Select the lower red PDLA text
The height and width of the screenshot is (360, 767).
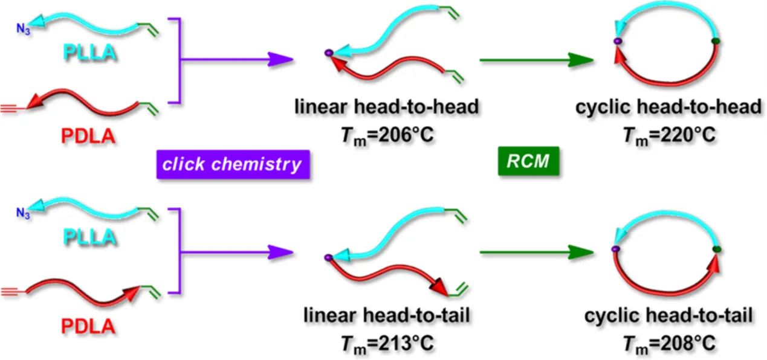click(88, 328)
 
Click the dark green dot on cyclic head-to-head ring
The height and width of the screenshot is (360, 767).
click(716, 41)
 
